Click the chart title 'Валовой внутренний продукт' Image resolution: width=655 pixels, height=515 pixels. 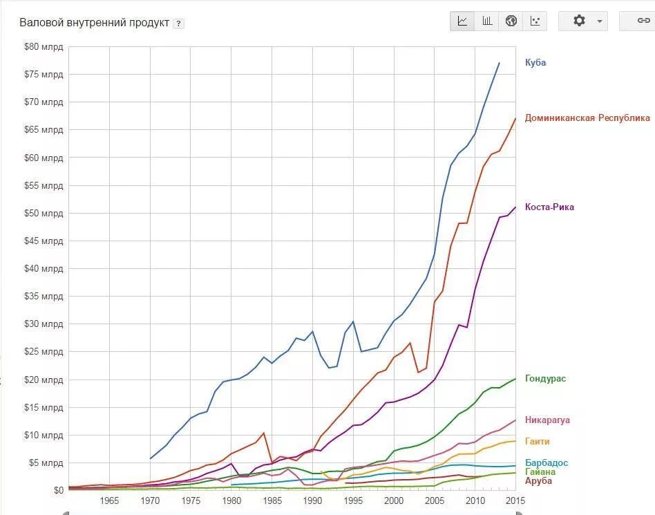(94, 23)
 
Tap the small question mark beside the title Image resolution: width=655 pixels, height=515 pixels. (178, 24)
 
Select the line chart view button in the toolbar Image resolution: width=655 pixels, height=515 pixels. (462, 21)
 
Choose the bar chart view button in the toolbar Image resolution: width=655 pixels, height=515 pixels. (487, 21)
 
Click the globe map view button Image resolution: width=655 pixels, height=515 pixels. (511, 21)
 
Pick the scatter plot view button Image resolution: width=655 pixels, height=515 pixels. (535, 21)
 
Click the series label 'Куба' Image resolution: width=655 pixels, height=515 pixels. (535, 62)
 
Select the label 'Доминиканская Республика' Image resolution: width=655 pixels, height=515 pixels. (587, 118)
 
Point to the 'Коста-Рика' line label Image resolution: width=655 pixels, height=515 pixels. (549, 207)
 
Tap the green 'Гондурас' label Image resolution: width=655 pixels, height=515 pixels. (546, 379)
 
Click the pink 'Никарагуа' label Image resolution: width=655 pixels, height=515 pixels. (547, 420)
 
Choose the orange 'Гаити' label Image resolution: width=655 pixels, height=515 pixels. (538, 441)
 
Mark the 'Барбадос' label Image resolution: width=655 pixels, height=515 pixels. (547, 462)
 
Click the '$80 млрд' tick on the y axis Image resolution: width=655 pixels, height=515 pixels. (44, 47)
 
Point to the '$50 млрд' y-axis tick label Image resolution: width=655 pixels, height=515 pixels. (44, 213)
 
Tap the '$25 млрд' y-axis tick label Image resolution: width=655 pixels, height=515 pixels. (44, 351)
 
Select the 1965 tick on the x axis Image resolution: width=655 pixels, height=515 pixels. (109, 500)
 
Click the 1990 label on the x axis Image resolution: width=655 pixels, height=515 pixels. (312, 500)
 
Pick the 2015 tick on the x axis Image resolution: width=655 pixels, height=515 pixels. (515, 500)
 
